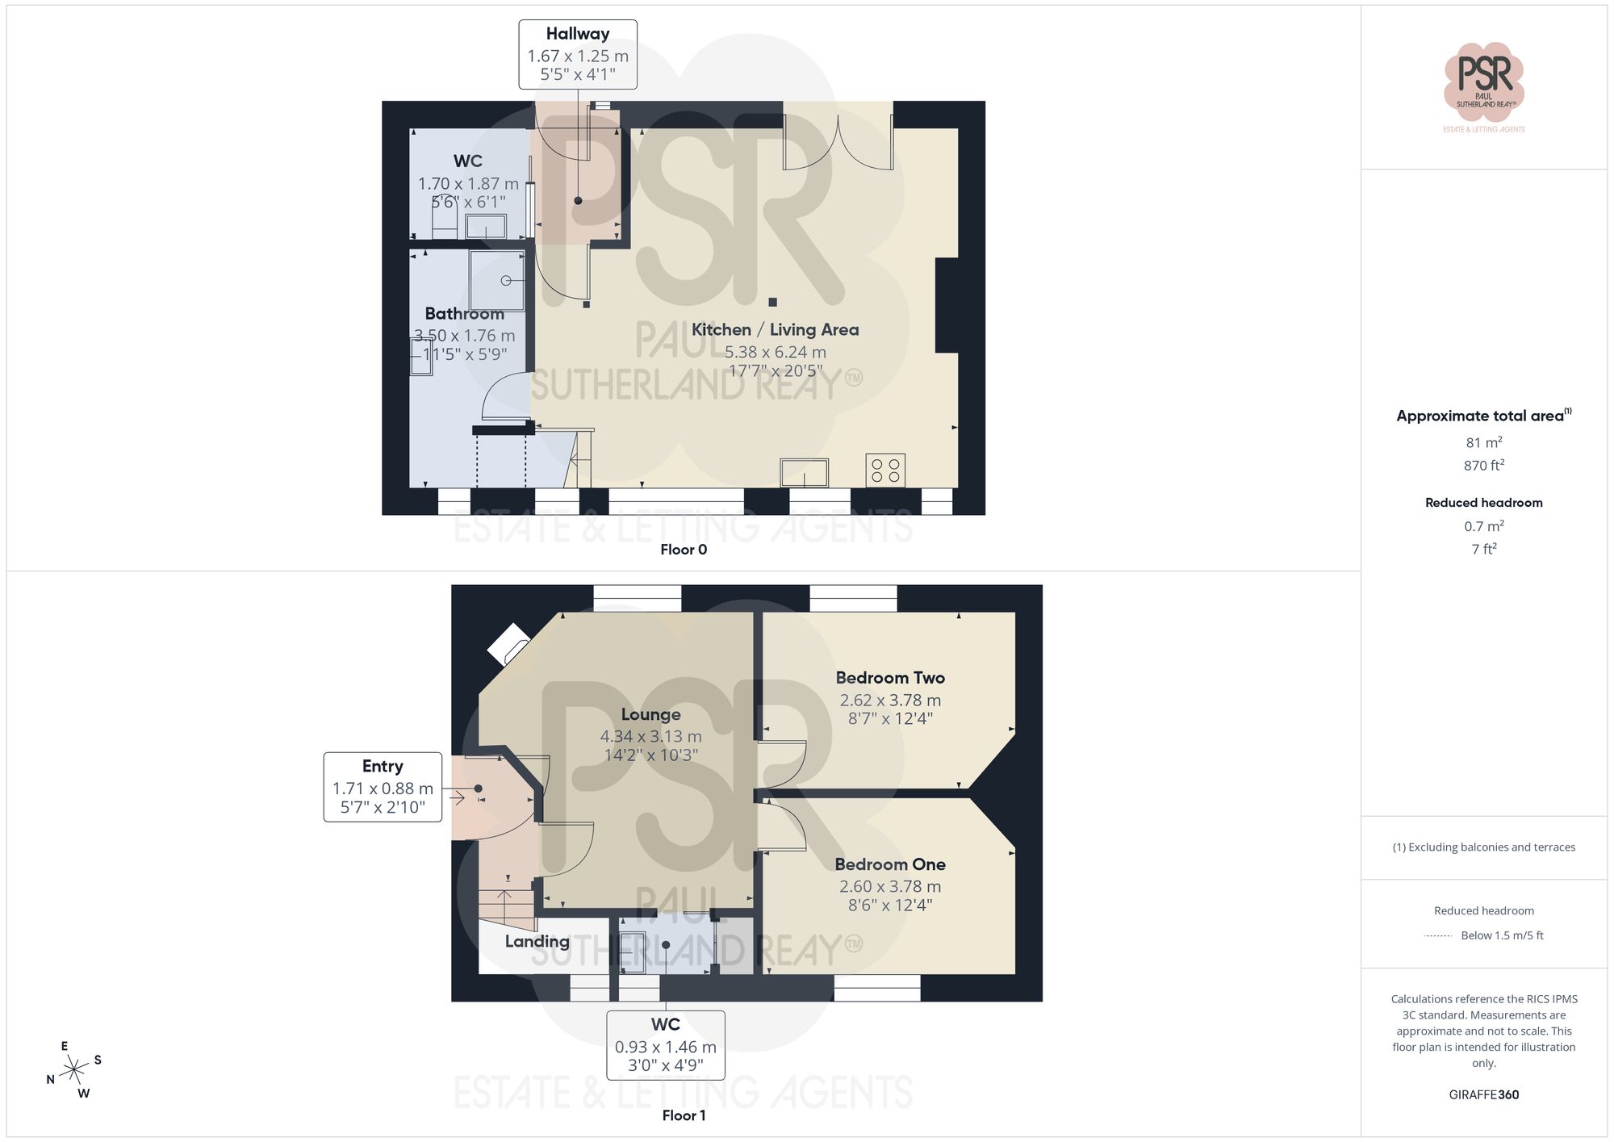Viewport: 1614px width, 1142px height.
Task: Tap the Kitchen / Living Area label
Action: [775, 329]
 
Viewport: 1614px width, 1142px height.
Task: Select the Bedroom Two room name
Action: [890, 678]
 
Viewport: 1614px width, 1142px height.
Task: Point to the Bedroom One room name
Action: [890, 864]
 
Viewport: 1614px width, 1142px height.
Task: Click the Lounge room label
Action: [650, 714]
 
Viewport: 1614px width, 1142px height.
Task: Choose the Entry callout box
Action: [383, 787]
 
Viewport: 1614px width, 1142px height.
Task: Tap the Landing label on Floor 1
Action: [537, 941]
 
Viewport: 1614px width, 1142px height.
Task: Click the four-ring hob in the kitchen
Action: [885, 471]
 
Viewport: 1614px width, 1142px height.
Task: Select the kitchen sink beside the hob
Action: [804, 472]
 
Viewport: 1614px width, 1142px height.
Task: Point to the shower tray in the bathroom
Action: [497, 280]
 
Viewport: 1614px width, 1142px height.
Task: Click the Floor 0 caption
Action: [684, 550]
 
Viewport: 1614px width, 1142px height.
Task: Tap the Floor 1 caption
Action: [684, 1115]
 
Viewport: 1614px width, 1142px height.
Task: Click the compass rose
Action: [74, 1070]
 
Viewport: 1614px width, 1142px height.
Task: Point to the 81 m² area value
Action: [1483, 442]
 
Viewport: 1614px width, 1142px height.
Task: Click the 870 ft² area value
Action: [1483, 466]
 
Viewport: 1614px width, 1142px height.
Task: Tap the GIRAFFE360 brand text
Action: [1483, 1095]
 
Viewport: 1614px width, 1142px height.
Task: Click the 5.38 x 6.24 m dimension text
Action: [775, 352]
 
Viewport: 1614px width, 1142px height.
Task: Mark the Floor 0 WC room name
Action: [468, 161]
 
